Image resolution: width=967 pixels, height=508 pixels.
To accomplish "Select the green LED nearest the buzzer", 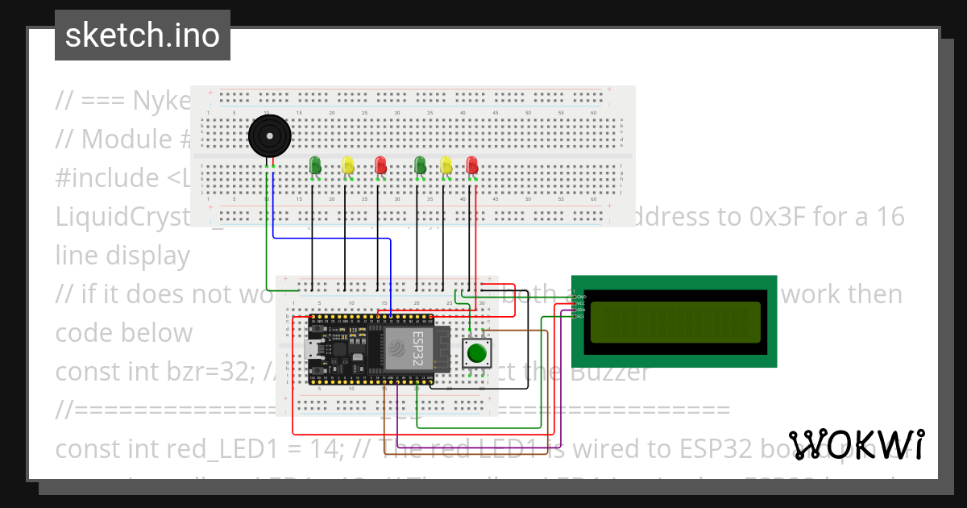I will click(x=315, y=165).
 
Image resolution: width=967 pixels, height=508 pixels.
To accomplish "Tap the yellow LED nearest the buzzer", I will click(x=348, y=165).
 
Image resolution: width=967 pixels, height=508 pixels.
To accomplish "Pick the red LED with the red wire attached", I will click(x=472, y=165).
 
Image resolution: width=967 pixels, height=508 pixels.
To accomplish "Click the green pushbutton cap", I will click(x=477, y=353).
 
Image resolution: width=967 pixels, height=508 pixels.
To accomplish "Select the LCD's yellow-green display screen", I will click(x=675, y=322).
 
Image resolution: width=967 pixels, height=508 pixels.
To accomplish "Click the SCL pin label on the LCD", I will click(x=579, y=315).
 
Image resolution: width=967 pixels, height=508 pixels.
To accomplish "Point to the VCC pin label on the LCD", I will click(x=579, y=303).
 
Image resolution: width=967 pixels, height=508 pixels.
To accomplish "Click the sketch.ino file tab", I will click(x=143, y=35).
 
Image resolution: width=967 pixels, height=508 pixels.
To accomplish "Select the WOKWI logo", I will click(x=856, y=445).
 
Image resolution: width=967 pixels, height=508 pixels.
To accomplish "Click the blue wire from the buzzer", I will click(x=330, y=238).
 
